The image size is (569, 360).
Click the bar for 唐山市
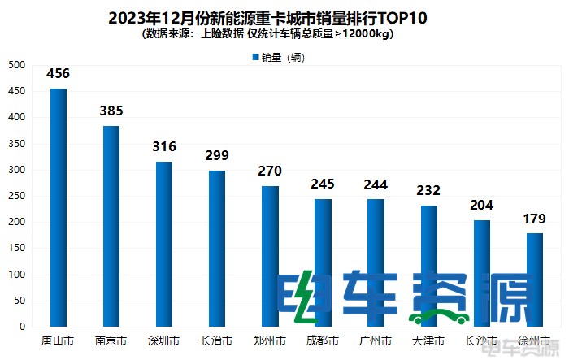(59, 207)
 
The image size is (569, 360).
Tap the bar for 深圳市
(164, 244)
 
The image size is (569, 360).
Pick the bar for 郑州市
(270, 256)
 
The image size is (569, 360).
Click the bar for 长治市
(217, 248)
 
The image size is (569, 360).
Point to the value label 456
(59, 74)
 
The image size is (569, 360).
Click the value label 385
(111, 111)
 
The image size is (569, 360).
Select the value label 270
(270, 171)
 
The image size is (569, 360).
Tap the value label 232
(428, 191)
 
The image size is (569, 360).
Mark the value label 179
(534, 219)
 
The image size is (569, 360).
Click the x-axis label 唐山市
(59, 340)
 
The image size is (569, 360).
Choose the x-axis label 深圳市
(164, 340)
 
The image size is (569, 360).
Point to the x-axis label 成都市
(323, 340)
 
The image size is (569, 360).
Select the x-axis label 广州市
(376, 340)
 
